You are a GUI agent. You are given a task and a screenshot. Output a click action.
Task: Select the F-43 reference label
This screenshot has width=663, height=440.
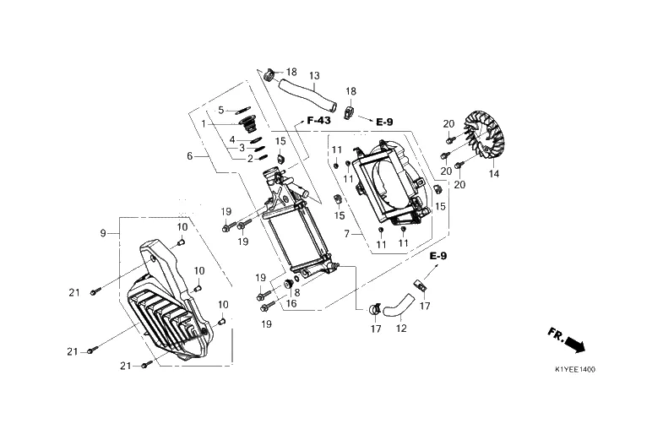click(x=318, y=121)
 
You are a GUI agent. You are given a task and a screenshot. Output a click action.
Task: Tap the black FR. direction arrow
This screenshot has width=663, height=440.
click(x=575, y=343)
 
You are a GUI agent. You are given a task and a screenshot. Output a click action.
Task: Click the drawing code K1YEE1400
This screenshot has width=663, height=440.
click(x=575, y=369)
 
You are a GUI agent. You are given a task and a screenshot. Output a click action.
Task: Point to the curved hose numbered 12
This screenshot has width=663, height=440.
click(x=399, y=306)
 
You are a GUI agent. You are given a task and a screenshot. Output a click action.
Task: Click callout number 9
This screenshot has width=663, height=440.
click(x=103, y=233)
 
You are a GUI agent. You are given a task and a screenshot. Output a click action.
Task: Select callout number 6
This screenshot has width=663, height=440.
click(x=190, y=156)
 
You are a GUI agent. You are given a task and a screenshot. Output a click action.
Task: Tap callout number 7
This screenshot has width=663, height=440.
click(x=347, y=234)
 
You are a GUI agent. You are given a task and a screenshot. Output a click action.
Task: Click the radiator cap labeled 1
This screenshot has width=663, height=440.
click(x=249, y=124)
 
